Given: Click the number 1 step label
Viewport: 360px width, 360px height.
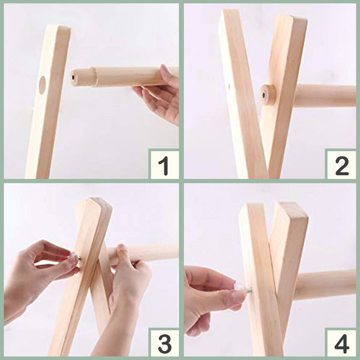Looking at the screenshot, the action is [x=164, y=166].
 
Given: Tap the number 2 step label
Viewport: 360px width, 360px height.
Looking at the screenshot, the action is [x=341, y=166].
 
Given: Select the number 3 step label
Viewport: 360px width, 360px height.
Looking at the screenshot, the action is [x=164, y=344].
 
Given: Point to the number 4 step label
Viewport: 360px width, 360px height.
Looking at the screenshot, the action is [x=342, y=344].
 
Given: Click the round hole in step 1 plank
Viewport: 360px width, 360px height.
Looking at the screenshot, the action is [x=42, y=85].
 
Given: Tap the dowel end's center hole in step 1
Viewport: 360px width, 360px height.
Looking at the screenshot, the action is [x=73, y=77].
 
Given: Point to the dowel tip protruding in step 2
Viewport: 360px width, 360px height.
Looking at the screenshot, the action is [x=268, y=95].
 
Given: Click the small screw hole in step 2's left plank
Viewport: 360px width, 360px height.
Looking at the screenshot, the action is [x=230, y=87].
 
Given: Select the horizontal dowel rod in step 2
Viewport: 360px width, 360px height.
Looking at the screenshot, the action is [x=325, y=96].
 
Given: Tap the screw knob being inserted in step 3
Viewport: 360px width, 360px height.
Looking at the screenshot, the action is [x=74, y=256].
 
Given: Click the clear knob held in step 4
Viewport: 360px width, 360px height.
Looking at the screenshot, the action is [x=239, y=287].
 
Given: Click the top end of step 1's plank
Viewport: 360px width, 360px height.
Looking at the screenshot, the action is [x=59, y=28].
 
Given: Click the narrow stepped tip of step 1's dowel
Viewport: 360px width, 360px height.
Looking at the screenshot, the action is [x=82, y=77].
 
